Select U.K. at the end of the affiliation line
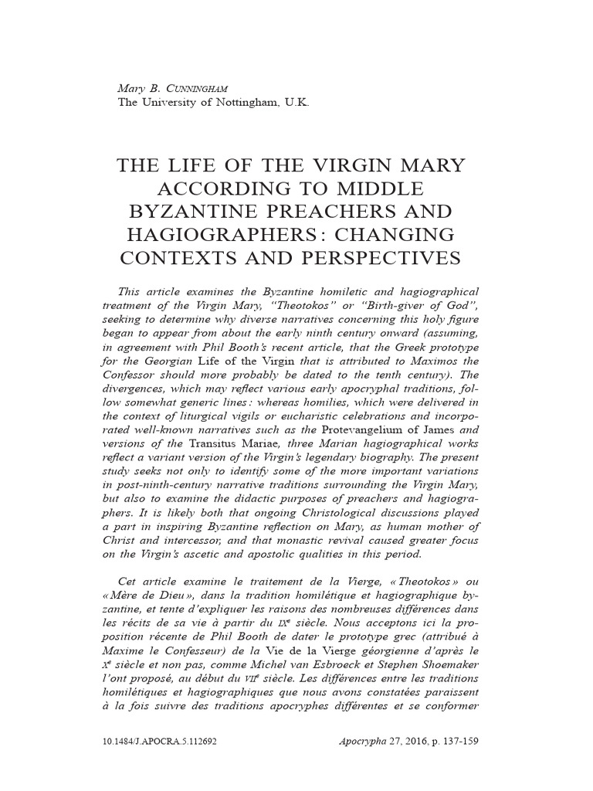tap(296, 102)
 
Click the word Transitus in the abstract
tap(208, 444)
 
